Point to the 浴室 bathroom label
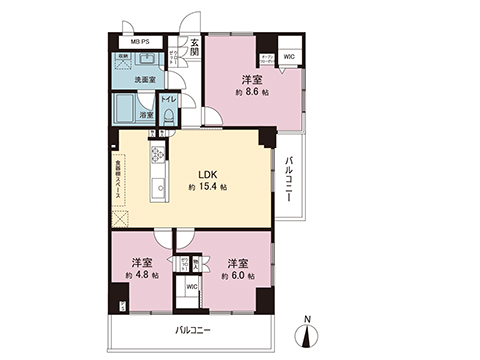pos(145,116)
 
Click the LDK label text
pos(206,171)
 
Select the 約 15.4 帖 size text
pos(207,188)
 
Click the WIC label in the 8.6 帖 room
pos(289,58)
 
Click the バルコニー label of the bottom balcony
pos(194,328)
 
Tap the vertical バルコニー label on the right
pos(288,179)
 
